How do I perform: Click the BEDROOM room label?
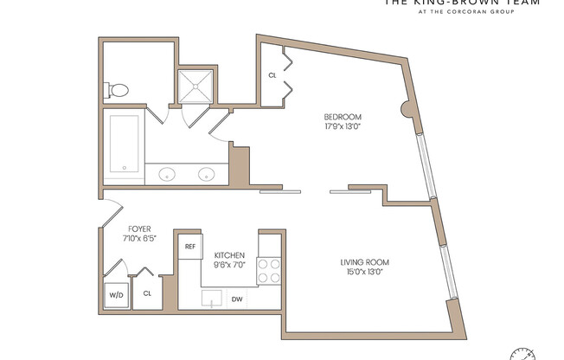(x=343, y=117)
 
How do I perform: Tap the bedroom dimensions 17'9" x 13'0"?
(x=343, y=128)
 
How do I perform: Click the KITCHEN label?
(x=229, y=255)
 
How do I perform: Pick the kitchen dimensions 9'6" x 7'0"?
(x=229, y=266)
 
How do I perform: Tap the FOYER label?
(x=138, y=229)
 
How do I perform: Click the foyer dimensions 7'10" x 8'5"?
(x=138, y=240)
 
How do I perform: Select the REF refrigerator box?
(x=190, y=246)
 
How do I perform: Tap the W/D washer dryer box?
(x=115, y=294)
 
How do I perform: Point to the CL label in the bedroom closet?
(x=272, y=75)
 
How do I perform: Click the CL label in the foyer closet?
(x=147, y=293)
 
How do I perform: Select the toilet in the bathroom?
(x=118, y=89)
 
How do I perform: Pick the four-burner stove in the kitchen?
(x=270, y=270)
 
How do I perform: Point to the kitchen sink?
(x=212, y=299)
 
